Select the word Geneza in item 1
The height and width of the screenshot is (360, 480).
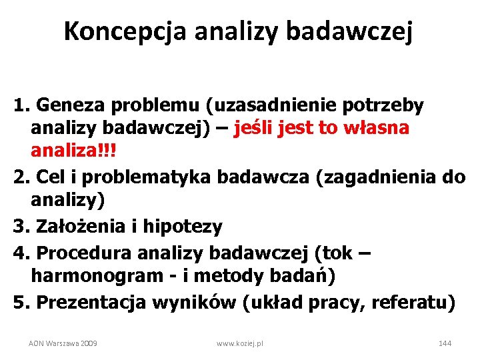point(64,105)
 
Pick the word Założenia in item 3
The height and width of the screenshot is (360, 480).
point(74,227)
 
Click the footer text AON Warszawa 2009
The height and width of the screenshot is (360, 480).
point(63,343)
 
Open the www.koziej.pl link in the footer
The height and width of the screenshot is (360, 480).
point(240,343)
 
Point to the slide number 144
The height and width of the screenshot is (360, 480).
point(445,343)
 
